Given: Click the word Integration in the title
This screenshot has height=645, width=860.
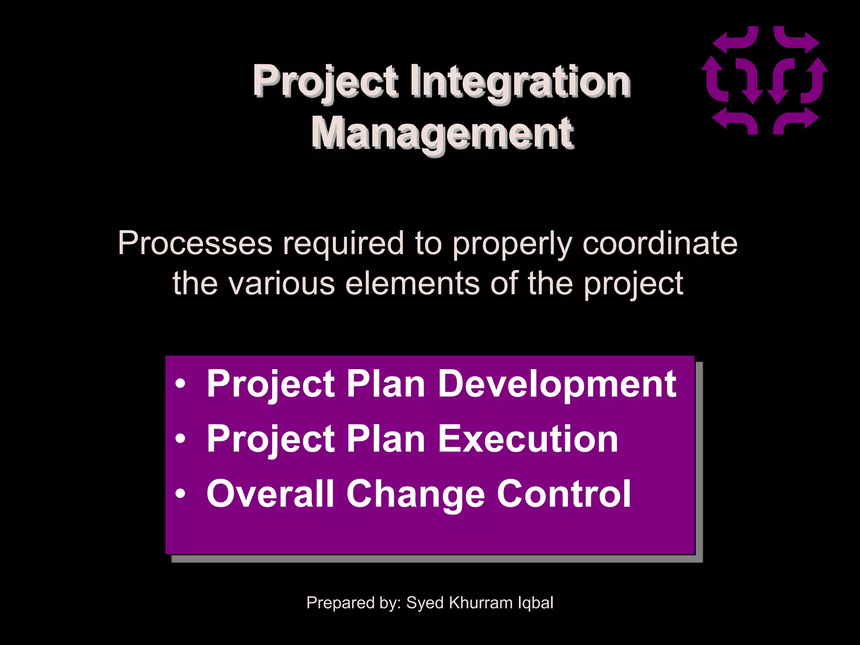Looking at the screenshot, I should [519, 82].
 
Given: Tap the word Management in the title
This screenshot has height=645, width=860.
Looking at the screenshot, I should [442, 134].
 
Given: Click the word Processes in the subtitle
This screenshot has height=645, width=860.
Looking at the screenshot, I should [195, 244].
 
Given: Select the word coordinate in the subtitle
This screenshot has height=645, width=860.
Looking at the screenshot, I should [660, 244].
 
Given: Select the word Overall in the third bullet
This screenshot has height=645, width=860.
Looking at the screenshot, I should [270, 494].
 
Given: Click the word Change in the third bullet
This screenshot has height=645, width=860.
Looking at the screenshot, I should [415, 494].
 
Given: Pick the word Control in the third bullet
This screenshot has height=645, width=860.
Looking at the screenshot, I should [564, 494].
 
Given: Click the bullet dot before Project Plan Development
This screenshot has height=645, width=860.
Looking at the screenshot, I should [180, 385].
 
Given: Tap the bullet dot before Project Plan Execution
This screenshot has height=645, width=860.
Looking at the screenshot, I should [180, 440].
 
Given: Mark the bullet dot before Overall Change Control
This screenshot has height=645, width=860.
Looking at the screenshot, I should [180, 495].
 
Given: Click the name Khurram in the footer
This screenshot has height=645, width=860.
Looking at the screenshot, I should [480, 603].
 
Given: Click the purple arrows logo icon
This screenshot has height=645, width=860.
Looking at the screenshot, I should [764, 80].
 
